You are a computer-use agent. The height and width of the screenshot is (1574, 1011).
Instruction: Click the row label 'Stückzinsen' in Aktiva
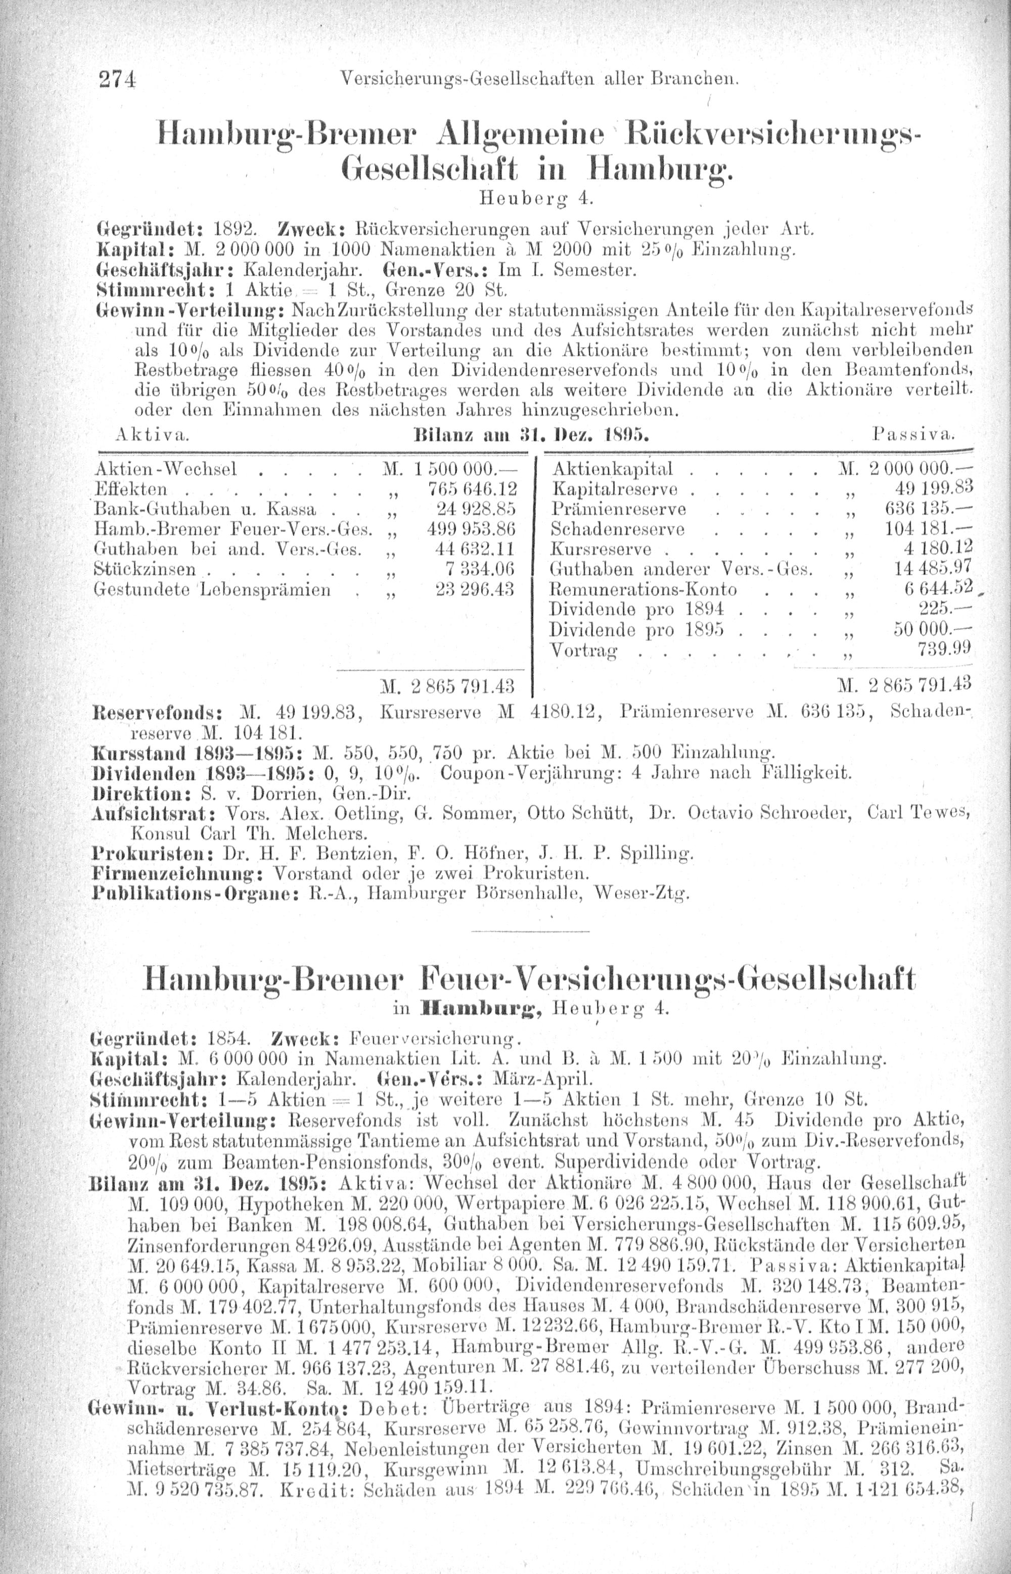(x=146, y=569)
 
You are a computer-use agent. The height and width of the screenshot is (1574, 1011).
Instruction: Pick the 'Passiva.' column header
(x=913, y=435)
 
